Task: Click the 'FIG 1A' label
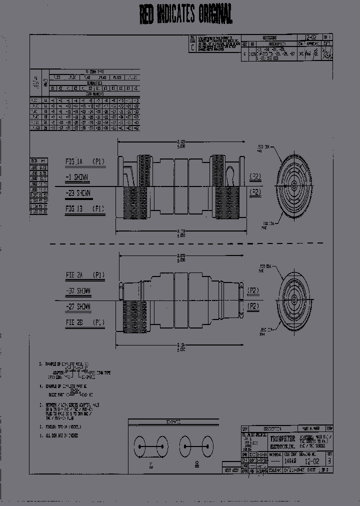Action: coord(77,162)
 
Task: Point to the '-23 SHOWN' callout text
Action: coord(77,193)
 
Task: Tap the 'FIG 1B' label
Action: coord(77,208)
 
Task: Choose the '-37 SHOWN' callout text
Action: coord(77,290)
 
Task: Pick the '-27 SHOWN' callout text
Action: coord(77,306)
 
